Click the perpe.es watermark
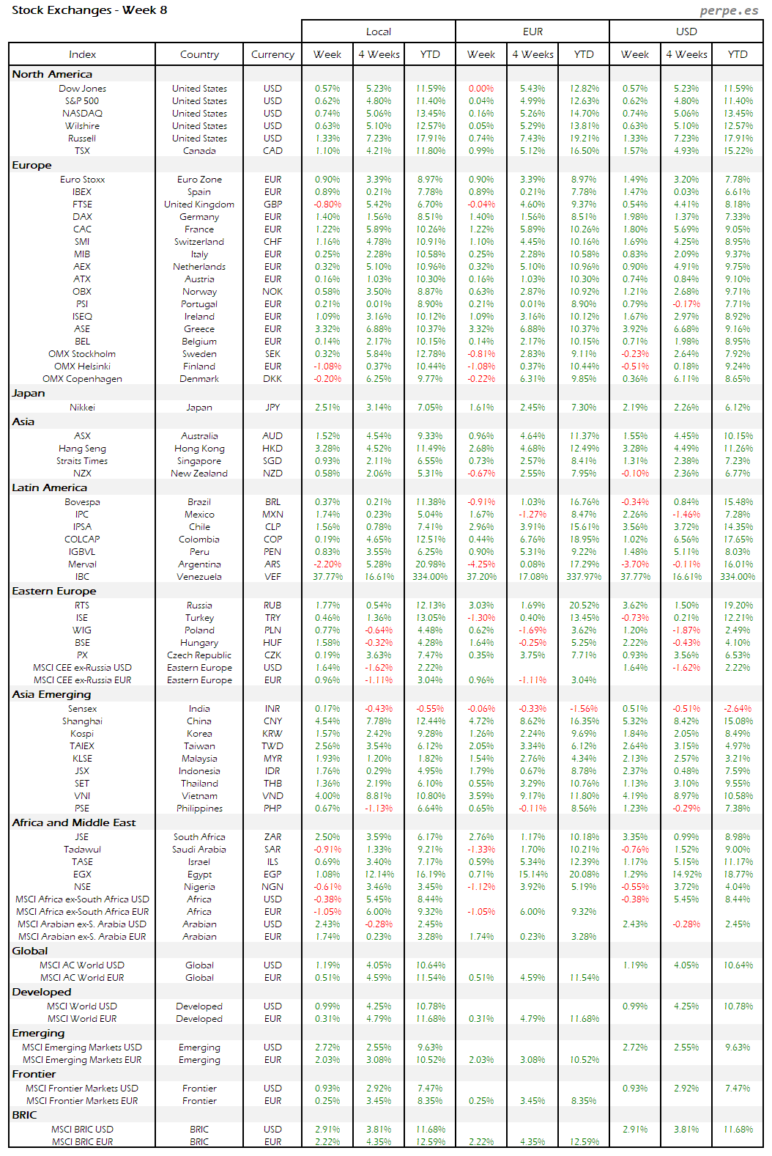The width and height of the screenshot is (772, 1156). pos(728,10)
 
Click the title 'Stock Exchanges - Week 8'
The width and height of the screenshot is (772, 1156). pos(89,10)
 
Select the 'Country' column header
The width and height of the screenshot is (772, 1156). pos(199,54)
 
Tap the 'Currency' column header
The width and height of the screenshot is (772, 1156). pos(272,54)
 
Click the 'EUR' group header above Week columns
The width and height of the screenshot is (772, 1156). pos(532,32)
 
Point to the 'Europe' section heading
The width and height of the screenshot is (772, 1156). pos(32,166)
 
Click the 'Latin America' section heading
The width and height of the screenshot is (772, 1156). pos(49,488)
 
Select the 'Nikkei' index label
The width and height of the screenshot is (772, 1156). pos(82,408)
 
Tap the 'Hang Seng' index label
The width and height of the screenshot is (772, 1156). pos(82,449)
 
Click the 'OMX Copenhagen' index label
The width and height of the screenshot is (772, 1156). pos(82,379)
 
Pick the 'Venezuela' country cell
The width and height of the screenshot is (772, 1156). pos(199,577)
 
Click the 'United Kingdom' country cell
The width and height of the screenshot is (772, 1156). pos(199,205)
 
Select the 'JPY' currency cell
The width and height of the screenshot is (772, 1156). pos(272,408)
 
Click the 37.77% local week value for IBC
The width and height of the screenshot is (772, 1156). pos(327,577)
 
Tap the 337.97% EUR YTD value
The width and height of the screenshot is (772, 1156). pos(584,577)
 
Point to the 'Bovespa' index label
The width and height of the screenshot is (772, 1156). pos(82,502)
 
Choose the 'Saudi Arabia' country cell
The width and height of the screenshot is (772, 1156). pos(199,850)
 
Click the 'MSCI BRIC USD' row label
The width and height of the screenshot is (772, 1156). pos(82,1130)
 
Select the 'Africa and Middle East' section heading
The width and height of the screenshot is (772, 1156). pos(74,823)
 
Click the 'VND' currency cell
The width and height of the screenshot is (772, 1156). pos(272,796)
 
